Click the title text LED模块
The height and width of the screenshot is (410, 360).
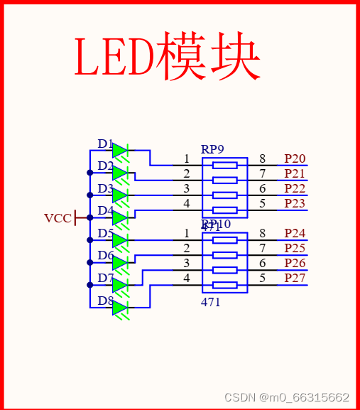(167, 55)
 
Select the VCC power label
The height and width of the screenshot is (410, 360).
(58, 218)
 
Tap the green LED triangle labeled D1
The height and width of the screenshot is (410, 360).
(120, 151)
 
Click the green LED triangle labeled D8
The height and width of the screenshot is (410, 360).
(120, 308)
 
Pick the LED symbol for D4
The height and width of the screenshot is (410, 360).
(120, 217)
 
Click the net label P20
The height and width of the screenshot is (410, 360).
(295, 158)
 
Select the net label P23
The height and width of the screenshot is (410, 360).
(295, 204)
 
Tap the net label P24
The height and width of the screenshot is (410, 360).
(295, 233)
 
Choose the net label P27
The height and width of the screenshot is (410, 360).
(295, 278)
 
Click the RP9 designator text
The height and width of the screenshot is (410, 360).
(212, 149)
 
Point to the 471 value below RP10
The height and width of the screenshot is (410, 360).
(210, 302)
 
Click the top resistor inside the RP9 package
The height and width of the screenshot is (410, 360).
(225, 166)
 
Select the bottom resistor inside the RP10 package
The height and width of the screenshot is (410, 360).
(225, 285)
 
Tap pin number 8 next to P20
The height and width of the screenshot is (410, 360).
(262, 158)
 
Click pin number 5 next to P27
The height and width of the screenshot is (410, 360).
(262, 278)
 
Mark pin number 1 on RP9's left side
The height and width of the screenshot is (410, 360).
(187, 158)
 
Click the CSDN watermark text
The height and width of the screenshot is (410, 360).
(286, 397)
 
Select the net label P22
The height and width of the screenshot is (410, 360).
(295, 188)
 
